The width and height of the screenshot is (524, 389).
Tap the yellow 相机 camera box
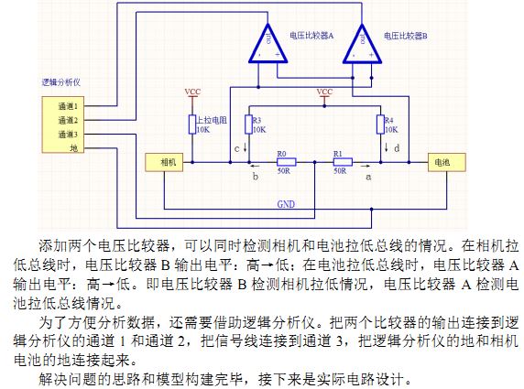[164, 162]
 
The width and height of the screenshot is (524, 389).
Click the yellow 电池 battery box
[447, 162]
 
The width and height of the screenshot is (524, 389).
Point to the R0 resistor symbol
[287, 162]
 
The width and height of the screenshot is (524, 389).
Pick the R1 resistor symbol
[343, 162]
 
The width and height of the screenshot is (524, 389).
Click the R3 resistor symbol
[248, 124]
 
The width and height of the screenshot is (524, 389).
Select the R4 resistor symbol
[380, 124]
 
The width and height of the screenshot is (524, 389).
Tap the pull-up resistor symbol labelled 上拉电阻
[192, 124]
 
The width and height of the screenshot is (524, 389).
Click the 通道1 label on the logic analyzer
[68, 106]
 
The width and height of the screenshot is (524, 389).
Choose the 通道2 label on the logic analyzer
[68, 120]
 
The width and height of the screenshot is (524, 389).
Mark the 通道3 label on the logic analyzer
[68, 135]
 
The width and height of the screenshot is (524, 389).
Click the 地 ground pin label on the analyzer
[74, 148]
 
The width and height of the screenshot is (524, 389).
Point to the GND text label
[286, 204]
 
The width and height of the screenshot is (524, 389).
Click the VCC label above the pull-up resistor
[192, 92]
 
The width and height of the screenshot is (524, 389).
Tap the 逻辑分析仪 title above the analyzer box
[61, 82]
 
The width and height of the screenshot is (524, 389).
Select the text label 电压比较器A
[311, 36]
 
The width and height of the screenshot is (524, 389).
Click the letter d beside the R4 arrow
[397, 148]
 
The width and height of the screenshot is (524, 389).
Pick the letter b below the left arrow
[256, 177]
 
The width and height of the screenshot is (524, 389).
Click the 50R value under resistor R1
[340, 171]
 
